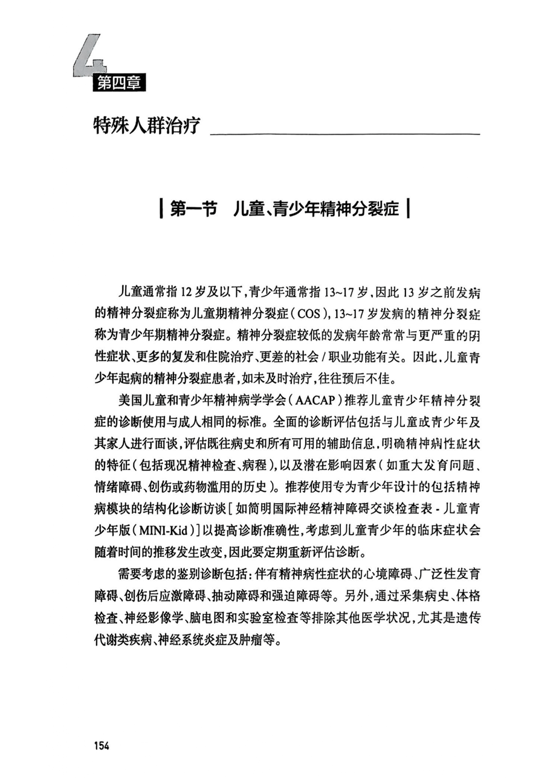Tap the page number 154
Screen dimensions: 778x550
101,745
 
